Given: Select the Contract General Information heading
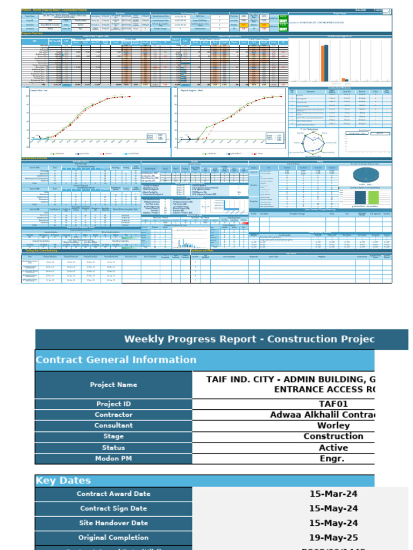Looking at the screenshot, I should pyautogui.click(x=116, y=360).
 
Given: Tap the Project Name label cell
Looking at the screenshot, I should pyautogui.click(x=113, y=385).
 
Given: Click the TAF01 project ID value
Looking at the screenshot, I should pyautogui.click(x=334, y=404).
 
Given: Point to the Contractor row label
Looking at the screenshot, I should pyautogui.click(x=113, y=415).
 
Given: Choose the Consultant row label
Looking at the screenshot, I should pyautogui.click(x=113, y=425).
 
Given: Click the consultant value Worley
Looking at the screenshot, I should pyautogui.click(x=334, y=425).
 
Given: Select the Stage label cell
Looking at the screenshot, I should pyautogui.click(x=113, y=436).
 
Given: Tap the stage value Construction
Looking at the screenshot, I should pyautogui.click(x=334, y=436).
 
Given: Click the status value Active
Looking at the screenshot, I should pyautogui.click(x=334, y=447).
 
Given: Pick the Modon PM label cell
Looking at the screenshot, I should pyautogui.click(x=113, y=459).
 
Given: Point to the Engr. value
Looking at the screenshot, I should pyautogui.click(x=334, y=459).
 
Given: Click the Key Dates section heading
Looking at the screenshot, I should pyautogui.click(x=63, y=481).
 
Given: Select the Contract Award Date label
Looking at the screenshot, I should pyautogui.click(x=113, y=494).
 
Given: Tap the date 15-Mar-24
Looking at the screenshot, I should pyautogui.click(x=334, y=494).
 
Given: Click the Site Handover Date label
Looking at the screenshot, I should pyautogui.click(x=113, y=523).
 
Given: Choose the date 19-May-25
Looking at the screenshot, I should pyautogui.click(x=334, y=537).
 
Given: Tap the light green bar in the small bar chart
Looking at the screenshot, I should pyautogui.click(x=373, y=197).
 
